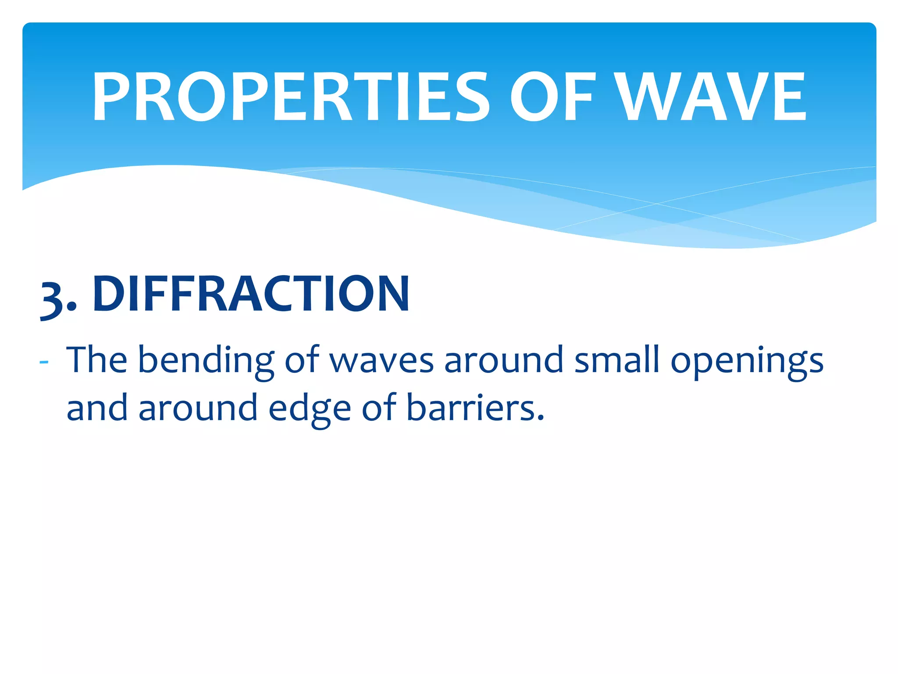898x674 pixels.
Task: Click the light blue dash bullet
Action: pyautogui.click(x=43, y=362)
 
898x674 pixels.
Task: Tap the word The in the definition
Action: pyautogui.click(x=96, y=360)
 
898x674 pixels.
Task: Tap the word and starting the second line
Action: pyautogui.click(x=97, y=408)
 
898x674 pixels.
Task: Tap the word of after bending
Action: pyautogui.click(x=302, y=360)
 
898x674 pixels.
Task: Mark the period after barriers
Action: pyautogui.click(x=540, y=417)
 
